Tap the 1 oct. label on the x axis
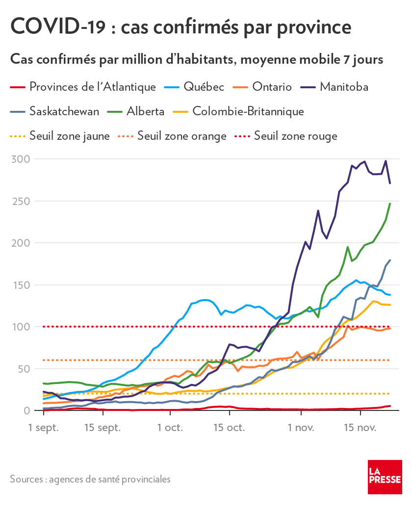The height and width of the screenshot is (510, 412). coord(170,428)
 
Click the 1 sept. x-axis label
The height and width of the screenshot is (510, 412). coord(44,428)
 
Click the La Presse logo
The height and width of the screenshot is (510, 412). coord(385,477)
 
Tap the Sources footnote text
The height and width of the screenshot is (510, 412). coord(90,479)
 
